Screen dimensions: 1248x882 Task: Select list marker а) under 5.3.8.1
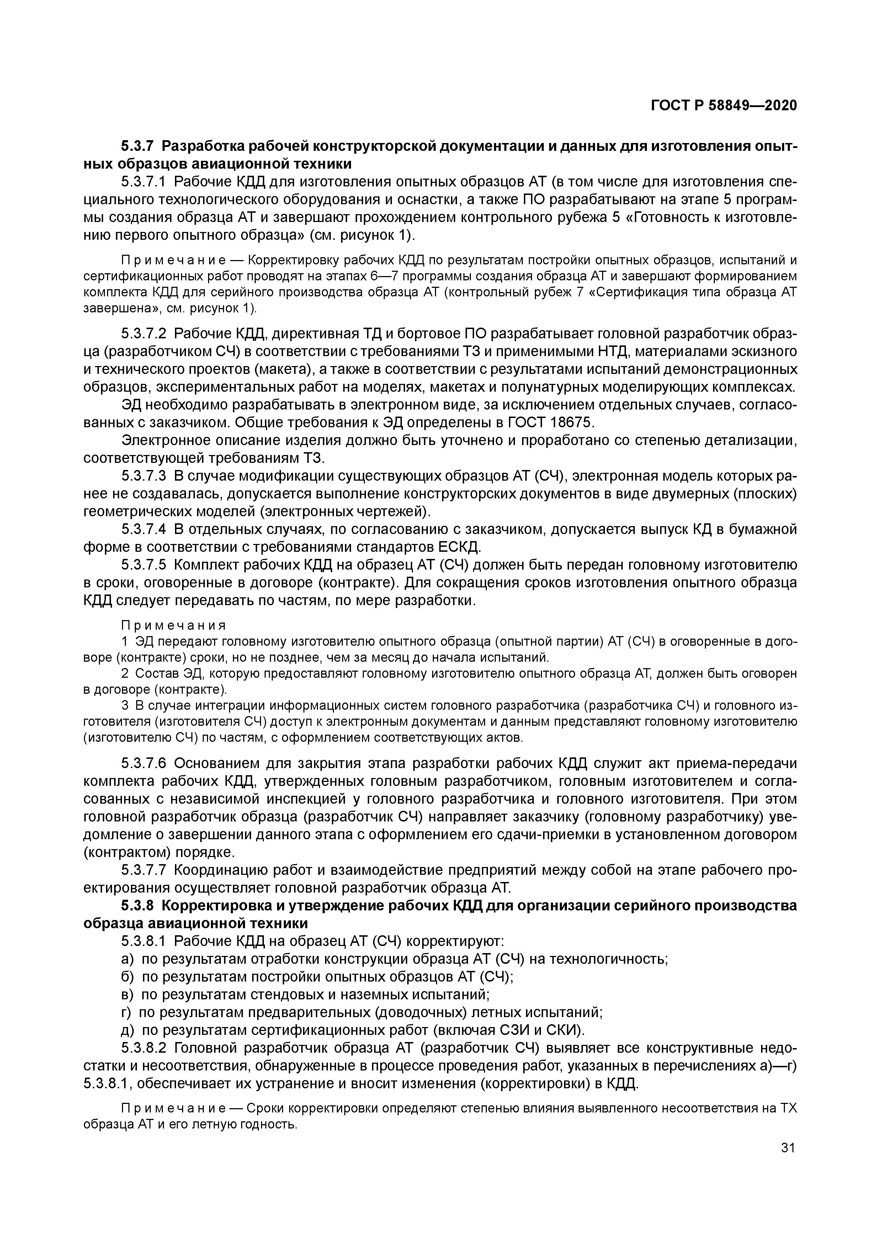click(x=127, y=958)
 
